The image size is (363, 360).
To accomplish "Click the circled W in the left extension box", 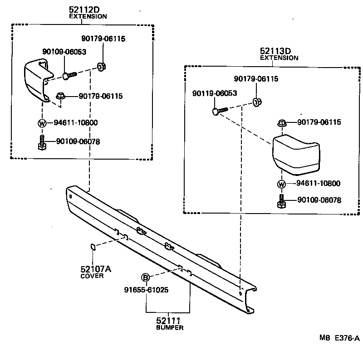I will coord(42,123).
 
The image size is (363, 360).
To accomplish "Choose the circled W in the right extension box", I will coord(281,184).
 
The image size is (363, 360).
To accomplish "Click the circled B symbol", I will coord(145,277).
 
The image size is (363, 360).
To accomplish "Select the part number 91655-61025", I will coord(146,290).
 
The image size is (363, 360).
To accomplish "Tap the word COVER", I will coord(92,276).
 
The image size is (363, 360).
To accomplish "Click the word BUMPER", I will coord(170,328).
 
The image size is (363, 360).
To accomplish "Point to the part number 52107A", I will coord(96,269).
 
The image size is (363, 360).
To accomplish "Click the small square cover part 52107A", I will coord(92,247).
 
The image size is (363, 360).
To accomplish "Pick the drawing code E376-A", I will coord(347,338).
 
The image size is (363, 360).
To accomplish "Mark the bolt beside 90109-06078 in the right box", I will coord(281,200).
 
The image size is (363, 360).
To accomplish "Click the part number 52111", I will coord(170,321).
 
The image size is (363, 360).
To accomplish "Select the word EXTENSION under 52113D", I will coord(279,58).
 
